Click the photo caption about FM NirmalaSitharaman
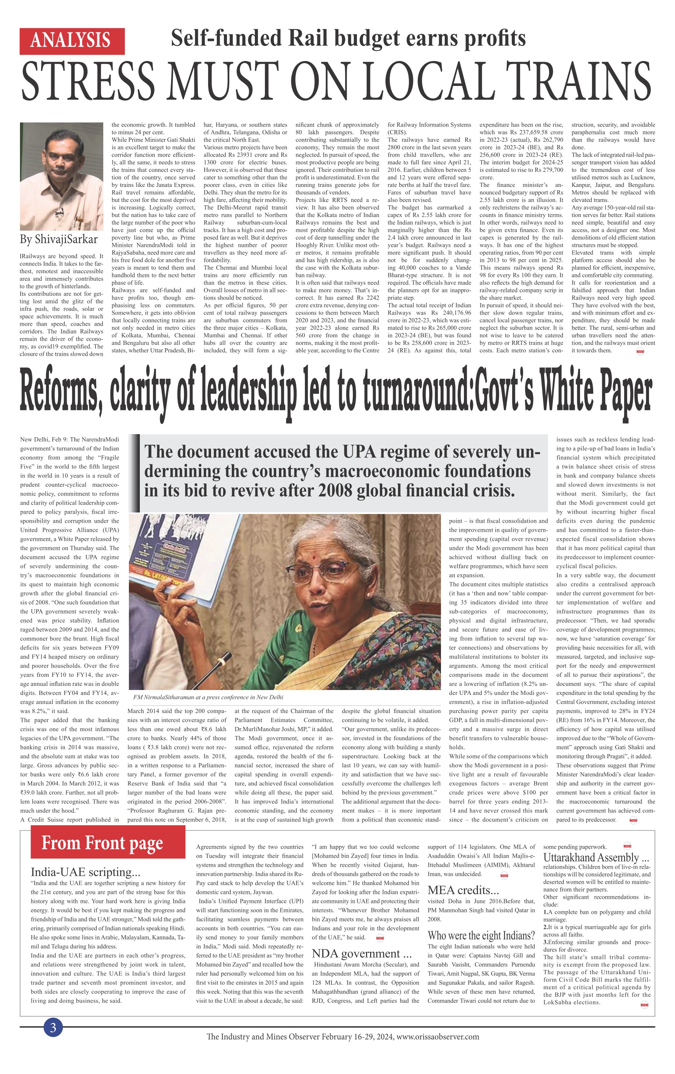click(208, 697)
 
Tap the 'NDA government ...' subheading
click(361, 953)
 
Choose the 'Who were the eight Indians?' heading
click(481, 935)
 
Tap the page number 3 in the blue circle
click(53, 1028)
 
